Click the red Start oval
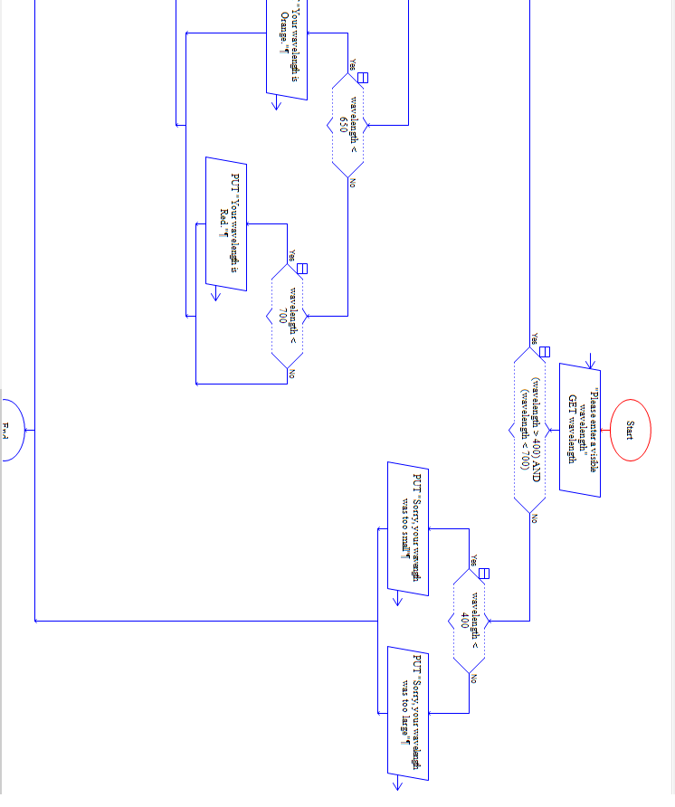[x=629, y=430]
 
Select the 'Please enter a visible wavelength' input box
[x=579, y=429]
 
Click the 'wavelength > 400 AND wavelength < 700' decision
[x=530, y=429]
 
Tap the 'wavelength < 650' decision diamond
[x=347, y=126]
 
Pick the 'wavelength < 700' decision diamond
[x=288, y=316]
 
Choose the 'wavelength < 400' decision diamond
[x=470, y=621]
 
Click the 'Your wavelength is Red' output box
[x=226, y=223]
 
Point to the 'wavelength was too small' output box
[x=407, y=528]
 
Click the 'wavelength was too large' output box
[x=407, y=712]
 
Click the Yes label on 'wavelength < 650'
[x=353, y=64]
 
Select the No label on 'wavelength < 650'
[x=353, y=184]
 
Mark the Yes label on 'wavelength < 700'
[x=292, y=255]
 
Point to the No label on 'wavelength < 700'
[x=292, y=374]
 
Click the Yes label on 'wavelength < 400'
[x=473, y=561]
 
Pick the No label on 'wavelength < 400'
[x=473, y=679]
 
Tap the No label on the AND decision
[x=535, y=517]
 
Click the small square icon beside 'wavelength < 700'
[x=302, y=268]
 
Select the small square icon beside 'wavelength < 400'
[x=484, y=573]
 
